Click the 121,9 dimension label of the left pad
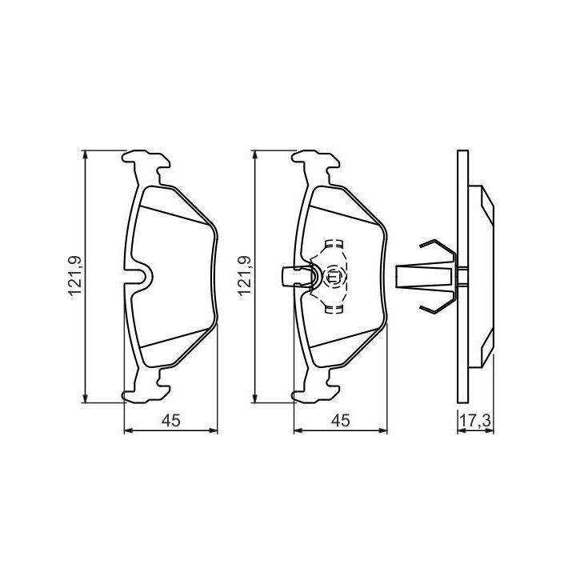coord(74,276)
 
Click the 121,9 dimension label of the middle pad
coord(245,276)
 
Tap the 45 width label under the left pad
coord(171,421)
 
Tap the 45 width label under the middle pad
coord(341,421)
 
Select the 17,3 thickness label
coord(476,421)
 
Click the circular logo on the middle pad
coord(333,276)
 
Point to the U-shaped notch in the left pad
coord(142,276)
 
